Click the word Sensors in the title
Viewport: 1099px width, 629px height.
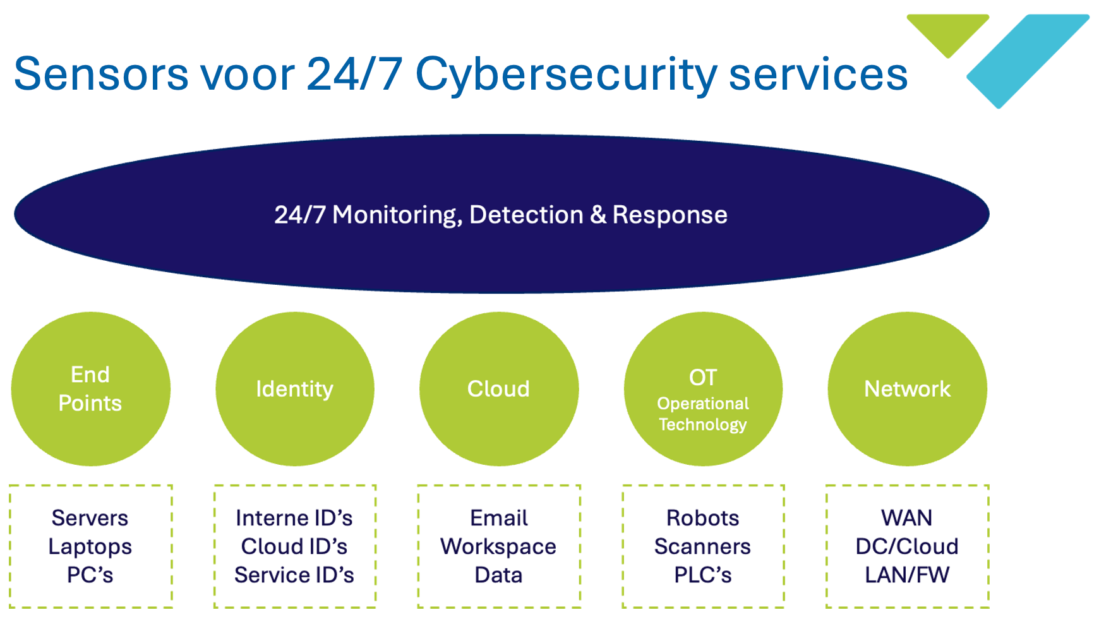[x=101, y=74]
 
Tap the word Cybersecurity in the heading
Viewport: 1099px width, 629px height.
[x=566, y=74]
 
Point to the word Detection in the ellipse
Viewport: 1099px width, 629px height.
[x=526, y=215]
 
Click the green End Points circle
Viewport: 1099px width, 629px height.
[x=90, y=389]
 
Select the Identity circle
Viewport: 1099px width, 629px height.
[x=294, y=389]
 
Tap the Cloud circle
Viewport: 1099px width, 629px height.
[x=498, y=389]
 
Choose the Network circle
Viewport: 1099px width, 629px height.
[x=907, y=389]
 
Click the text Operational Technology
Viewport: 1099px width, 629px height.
[x=703, y=414]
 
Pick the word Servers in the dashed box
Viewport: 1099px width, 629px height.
[x=90, y=518]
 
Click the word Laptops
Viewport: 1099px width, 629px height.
[x=90, y=546]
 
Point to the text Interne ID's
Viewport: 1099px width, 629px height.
[x=294, y=518]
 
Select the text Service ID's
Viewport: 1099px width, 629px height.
[x=294, y=575]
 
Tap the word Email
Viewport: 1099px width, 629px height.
[x=498, y=518]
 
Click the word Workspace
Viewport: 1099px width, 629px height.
[x=498, y=546]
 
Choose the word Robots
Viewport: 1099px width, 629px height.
[x=702, y=518]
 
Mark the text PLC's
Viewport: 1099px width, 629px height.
[x=702, y=575]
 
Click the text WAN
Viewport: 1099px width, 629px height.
[x=906, y=518]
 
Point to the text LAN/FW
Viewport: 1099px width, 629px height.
[x=906, y=575]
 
